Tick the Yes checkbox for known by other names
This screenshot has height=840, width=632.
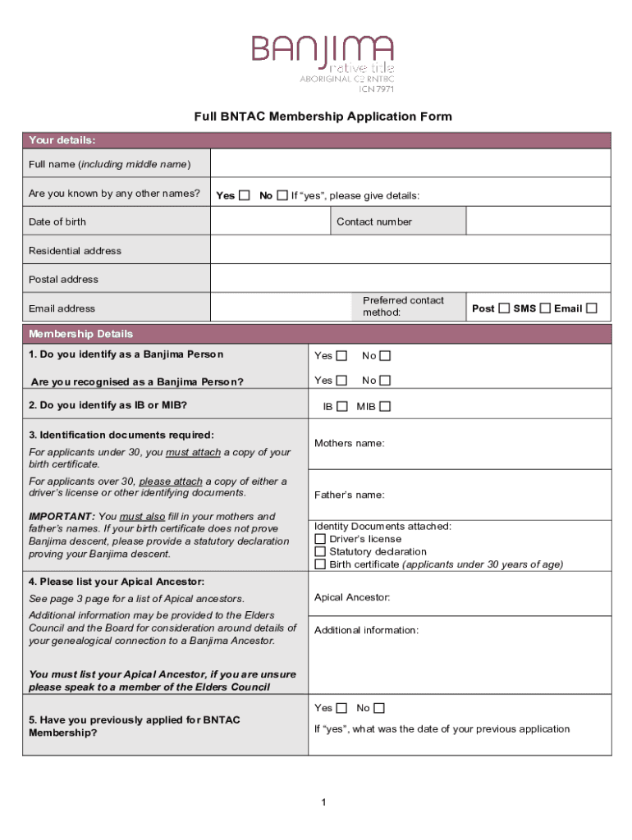pos(244,195)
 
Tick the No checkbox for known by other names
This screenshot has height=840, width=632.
pos(282,195)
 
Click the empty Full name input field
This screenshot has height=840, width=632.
pos(410,163)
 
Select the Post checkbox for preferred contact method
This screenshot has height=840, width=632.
pos(504,308)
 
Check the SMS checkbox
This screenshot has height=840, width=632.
pos(545,308)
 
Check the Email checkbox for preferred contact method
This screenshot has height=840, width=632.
pos(592,308)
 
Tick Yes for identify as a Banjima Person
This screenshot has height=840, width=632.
pos(342,356)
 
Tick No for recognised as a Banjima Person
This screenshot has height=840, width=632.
pos(385,381)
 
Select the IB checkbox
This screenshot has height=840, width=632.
pos(342,406)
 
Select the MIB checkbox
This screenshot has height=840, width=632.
pos(385,406)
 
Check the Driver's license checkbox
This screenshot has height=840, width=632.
pos(320,539)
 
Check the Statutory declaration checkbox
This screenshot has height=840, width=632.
pos(320,552)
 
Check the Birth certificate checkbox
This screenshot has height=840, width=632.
pos(320,564)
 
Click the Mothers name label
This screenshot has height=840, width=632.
pos(349,443)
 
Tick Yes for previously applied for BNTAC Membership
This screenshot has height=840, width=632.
pos(341,708)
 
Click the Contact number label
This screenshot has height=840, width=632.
pos(374,221)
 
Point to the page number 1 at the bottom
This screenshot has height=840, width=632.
pos(324,802)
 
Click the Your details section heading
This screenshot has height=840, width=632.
pos(62,140)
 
